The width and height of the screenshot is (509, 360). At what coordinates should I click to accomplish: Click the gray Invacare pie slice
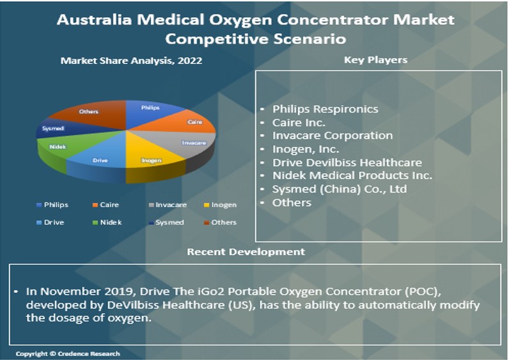(x=192, y=141)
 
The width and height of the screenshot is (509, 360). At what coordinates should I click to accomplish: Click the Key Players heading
(x=375, y=60)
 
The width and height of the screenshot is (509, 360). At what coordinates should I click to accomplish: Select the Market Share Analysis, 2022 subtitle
(x=131, y=61)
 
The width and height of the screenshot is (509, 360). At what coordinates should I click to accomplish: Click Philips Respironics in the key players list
(x=325, y=109)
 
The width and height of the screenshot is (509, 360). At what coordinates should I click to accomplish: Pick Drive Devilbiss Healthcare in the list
(x=347, y=162)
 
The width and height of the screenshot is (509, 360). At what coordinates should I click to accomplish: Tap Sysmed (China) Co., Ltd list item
(x=339, y=189)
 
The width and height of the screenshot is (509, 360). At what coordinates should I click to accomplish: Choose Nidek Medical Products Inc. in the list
(x=352, y=176)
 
